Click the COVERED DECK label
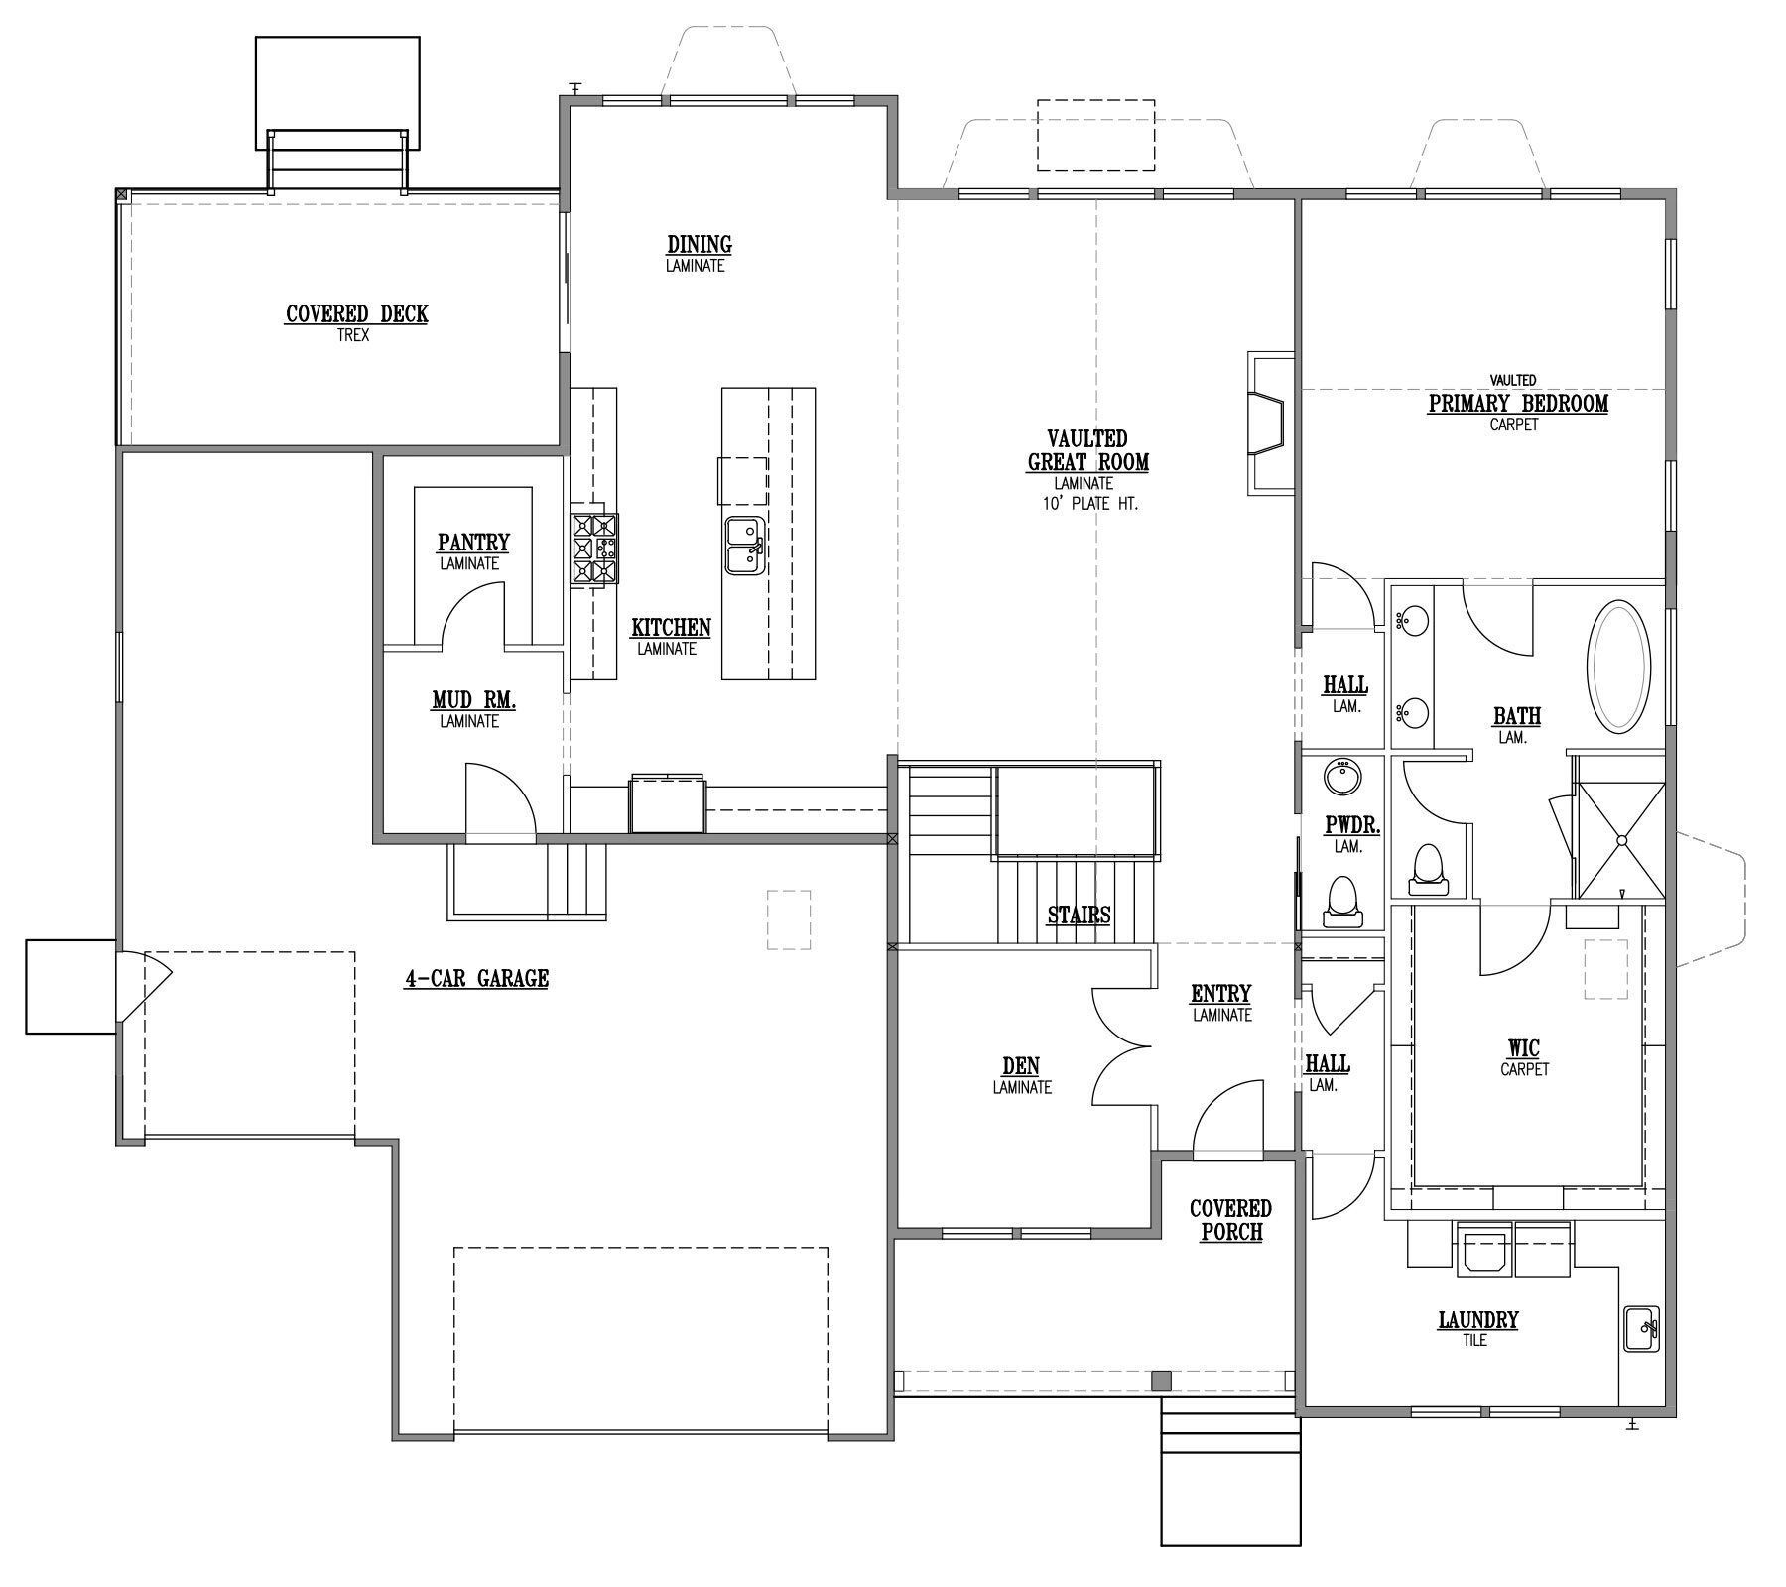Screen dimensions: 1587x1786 coord(356,314)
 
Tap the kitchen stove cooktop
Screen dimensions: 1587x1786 coord(593,549)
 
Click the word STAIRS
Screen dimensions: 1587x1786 coord(1079,915)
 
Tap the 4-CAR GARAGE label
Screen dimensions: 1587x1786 coord(476,979)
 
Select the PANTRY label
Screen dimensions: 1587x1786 coord(473,543)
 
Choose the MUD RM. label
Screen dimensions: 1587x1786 coord(473,701)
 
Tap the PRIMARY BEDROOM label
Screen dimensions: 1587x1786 coord(1518,404)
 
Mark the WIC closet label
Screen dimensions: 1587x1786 coord(1523,1048)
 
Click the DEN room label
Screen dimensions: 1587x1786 coord(1021,1066)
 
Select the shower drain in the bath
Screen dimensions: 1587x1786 coord(1622,840)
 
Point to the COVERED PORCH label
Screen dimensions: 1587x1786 coord(1230,1220)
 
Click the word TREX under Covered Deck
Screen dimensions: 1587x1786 coord(353,335)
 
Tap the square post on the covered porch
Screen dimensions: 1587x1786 coord(1160,1380)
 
